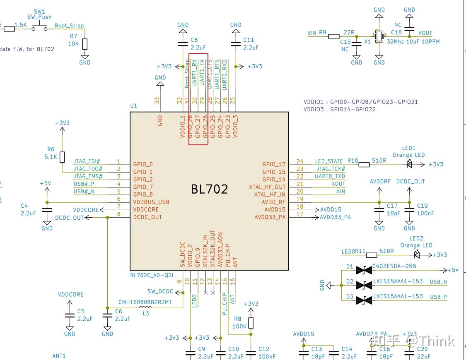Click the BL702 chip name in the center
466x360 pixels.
coord(209,189)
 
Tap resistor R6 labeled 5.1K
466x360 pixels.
coord(62,157)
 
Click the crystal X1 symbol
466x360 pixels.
coord(379,36)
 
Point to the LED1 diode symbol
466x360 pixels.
coord(410,164)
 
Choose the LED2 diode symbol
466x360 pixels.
coord(416,254)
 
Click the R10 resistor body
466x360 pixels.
coord(364,164)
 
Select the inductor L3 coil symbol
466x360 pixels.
coord(145,308)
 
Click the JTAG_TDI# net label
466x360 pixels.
coord(87,161)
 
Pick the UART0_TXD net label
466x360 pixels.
coord(330,176)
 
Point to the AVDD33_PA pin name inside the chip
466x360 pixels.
coord(270,217)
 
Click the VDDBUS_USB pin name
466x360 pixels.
coord(151,202)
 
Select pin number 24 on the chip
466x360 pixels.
coord(300,161)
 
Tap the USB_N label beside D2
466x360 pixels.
coord(438,282)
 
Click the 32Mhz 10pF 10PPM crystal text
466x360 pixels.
coord(413,41)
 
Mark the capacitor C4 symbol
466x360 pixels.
coord(47,210)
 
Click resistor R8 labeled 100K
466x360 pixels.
coord(251,323)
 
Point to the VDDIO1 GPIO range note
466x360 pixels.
coord(360,101)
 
